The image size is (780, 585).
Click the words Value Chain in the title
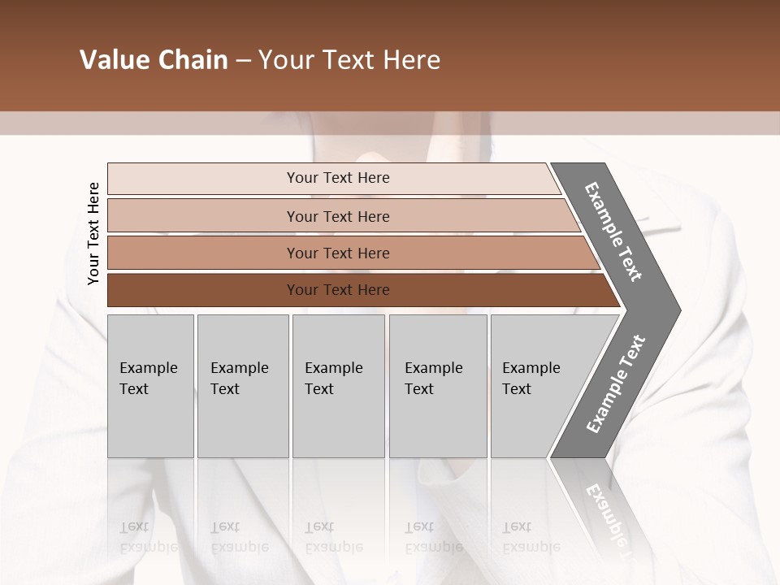(154, 60)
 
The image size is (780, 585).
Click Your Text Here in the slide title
(349, 60)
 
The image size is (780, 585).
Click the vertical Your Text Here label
(93, 234)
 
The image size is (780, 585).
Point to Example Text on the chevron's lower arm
(615, 384)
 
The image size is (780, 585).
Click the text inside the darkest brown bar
(338, 290)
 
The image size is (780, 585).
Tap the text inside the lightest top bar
(338, 178)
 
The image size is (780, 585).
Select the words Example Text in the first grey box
(148, 379)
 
